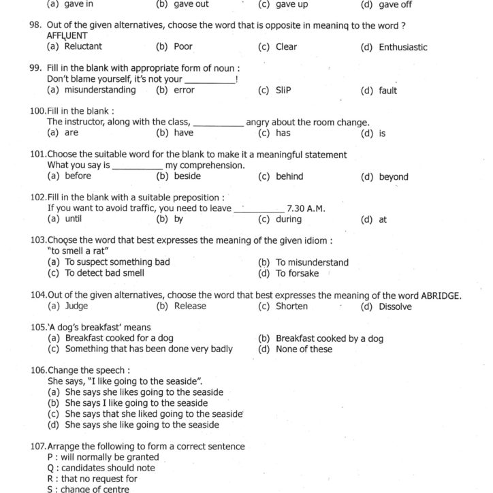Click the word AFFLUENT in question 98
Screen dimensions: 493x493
point(67,35)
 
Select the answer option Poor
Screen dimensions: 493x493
point(183,47)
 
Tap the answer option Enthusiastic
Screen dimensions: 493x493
point(402,48)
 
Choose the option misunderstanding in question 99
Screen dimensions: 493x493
point(99,90)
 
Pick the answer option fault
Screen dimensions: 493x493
point(387,91)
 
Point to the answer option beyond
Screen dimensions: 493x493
point(394,177)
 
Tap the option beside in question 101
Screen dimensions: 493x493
point(187,176)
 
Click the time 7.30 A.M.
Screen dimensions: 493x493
point(306,208)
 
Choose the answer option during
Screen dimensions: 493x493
point(288,219)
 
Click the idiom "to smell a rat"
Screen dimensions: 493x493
point(80,251)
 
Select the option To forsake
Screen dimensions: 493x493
point(297,274)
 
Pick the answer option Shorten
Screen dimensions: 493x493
point(291,306)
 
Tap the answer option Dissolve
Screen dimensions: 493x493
point(395,306)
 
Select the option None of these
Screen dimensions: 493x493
point(304,349)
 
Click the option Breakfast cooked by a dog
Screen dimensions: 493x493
point(329,338)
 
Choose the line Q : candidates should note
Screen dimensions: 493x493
point(100,468)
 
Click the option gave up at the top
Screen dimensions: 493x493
point(291,4)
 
